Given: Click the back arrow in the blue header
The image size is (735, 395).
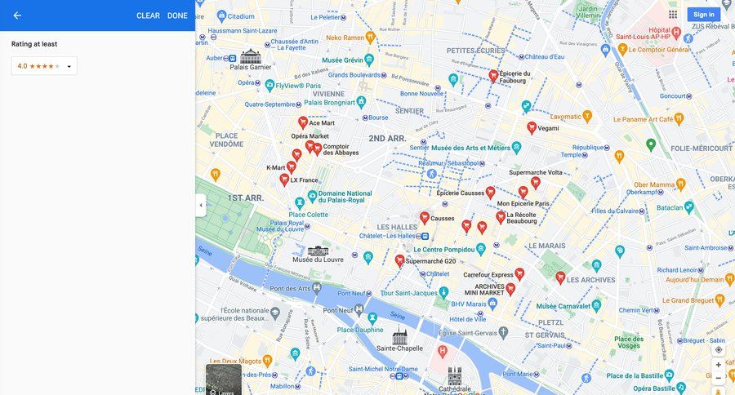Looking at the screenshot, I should click(17, 16).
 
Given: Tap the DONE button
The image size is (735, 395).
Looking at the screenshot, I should click(177, 16).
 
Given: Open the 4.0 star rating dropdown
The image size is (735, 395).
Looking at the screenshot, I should click(44, 66).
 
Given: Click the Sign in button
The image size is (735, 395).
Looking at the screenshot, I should click(703, 14).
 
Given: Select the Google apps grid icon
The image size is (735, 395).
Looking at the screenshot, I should click(673, 14).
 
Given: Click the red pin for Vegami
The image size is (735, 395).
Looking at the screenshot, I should click(532, 127).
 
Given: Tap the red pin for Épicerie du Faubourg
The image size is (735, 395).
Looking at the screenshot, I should click(493, 75).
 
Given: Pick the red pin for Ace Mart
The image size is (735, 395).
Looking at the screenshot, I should click(303, 122).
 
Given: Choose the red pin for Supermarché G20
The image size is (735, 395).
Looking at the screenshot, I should click(399, 260).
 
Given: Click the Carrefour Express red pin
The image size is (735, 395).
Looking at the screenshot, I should click(519, 273).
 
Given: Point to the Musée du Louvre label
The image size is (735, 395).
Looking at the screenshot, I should click(318, 260).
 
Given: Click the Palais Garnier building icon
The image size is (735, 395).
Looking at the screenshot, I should click(251, 56).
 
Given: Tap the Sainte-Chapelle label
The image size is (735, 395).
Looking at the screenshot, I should click(399, 348).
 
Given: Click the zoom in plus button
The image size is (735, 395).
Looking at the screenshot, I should click(718, 365).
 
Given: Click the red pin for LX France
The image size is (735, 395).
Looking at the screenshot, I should click(284, 179).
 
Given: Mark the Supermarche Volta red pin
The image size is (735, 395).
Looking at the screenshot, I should click(536, 182).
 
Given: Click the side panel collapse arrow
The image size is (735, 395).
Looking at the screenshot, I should click(200, 205).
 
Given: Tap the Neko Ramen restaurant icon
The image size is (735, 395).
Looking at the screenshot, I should click(370, 37).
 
